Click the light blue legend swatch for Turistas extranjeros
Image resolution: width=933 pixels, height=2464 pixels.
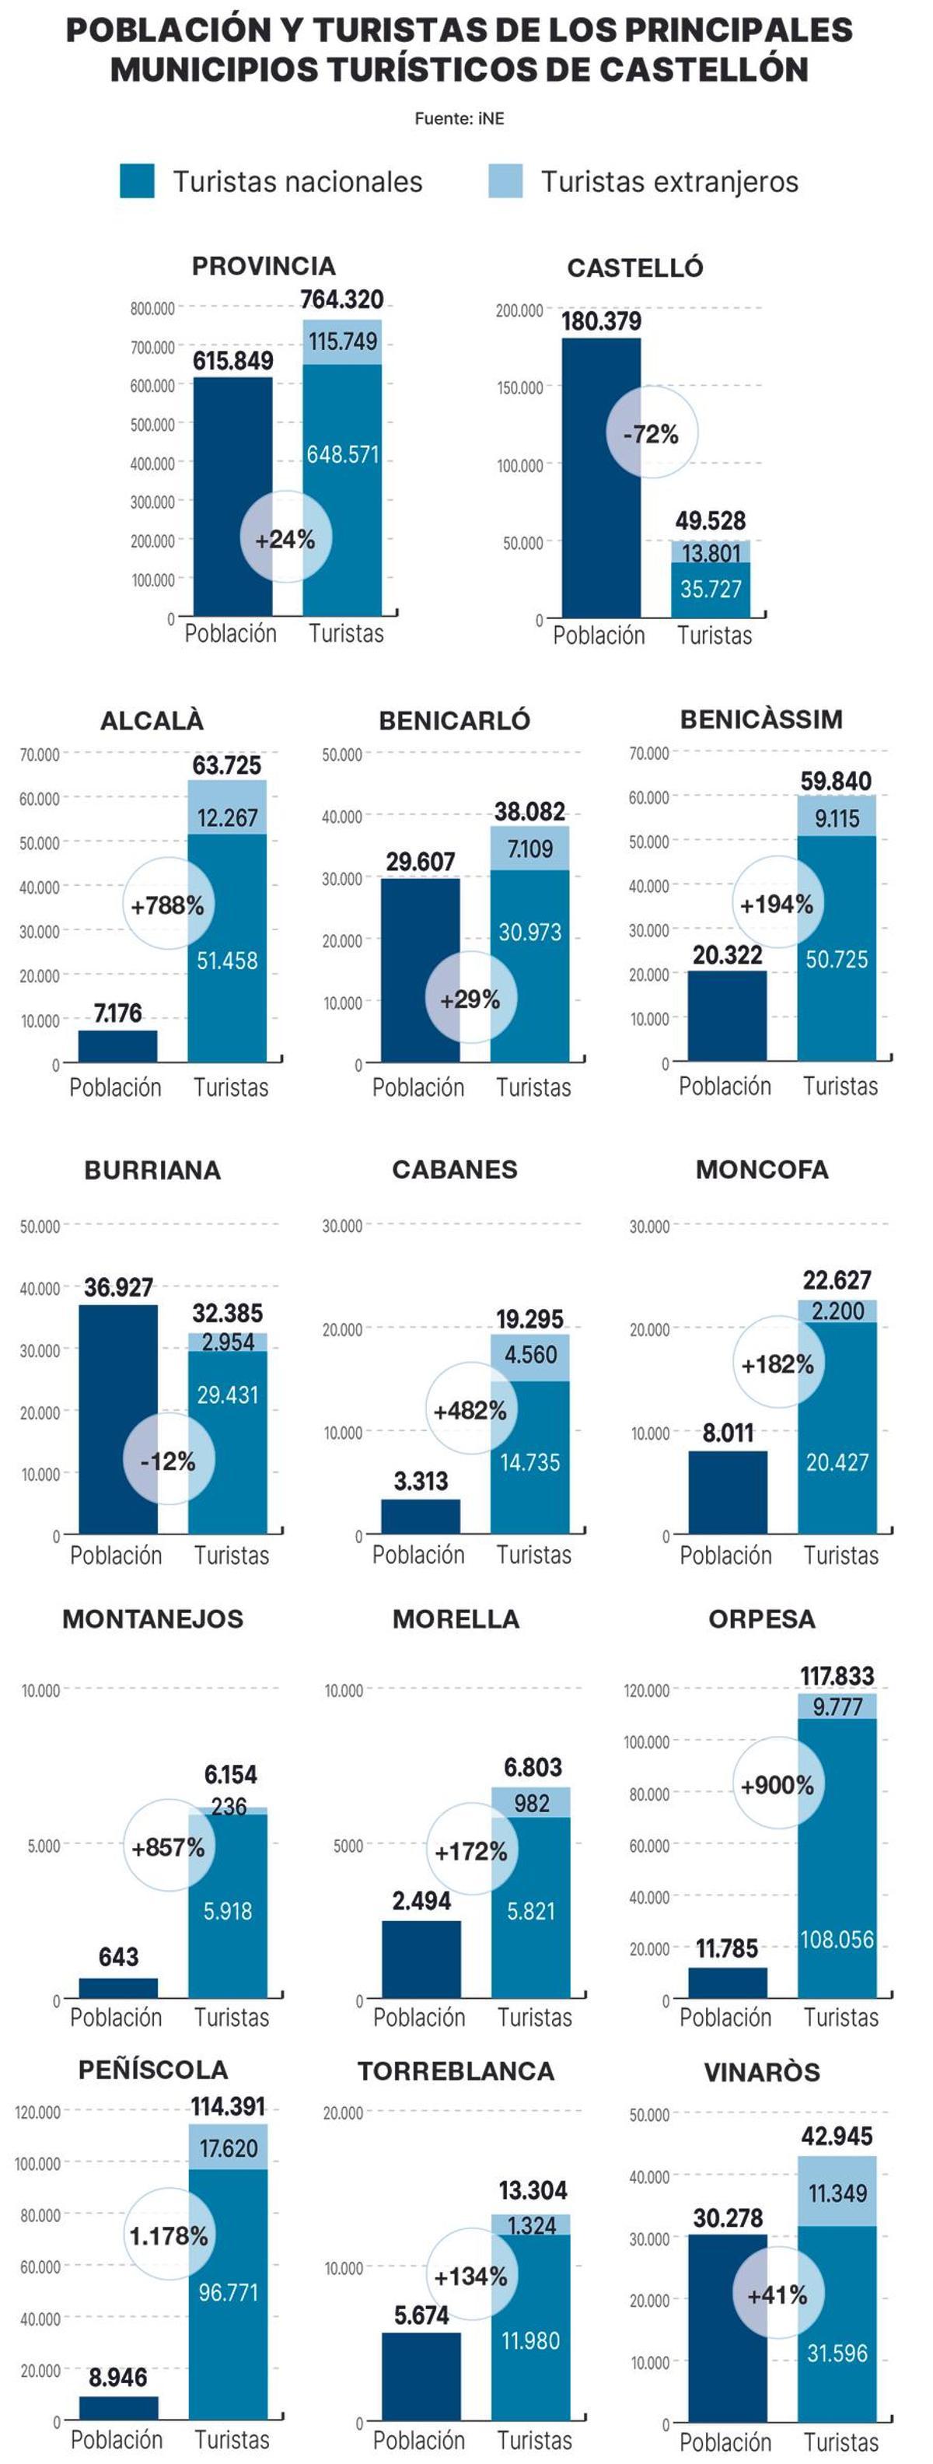tap(505, 180)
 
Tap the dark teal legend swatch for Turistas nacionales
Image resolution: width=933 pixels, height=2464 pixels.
tap(137, 180)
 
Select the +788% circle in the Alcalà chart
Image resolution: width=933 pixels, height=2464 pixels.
tap(168, 905)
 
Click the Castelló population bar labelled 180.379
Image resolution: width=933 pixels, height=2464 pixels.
tap(600, 478)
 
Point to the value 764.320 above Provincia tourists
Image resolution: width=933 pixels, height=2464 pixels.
tap(341, 299)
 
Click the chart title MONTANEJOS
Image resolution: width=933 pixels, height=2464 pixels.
tap(153, 1619)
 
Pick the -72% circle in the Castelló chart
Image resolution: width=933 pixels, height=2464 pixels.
tap(652, 433)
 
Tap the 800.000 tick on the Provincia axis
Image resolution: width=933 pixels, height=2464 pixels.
tap(153, 309)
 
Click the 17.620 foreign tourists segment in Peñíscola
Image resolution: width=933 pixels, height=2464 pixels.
tap(229, 2147)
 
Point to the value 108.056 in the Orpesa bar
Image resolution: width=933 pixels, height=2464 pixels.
tap(837, 1939)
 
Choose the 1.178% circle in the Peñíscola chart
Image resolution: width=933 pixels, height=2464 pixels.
tap(169, 2235)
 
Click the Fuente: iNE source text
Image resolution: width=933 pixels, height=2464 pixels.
tap(459, 118)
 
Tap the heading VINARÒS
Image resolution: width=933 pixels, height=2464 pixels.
tap(762, 2072)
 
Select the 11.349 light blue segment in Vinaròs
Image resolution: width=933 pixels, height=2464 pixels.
tap(837, 2192)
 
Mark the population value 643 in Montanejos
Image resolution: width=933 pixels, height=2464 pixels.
tap(118, 1956)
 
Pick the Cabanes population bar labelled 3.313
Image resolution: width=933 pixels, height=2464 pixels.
tap(420, 1516)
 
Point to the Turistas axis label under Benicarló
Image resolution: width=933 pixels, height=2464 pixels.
tap(533, 1087)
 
